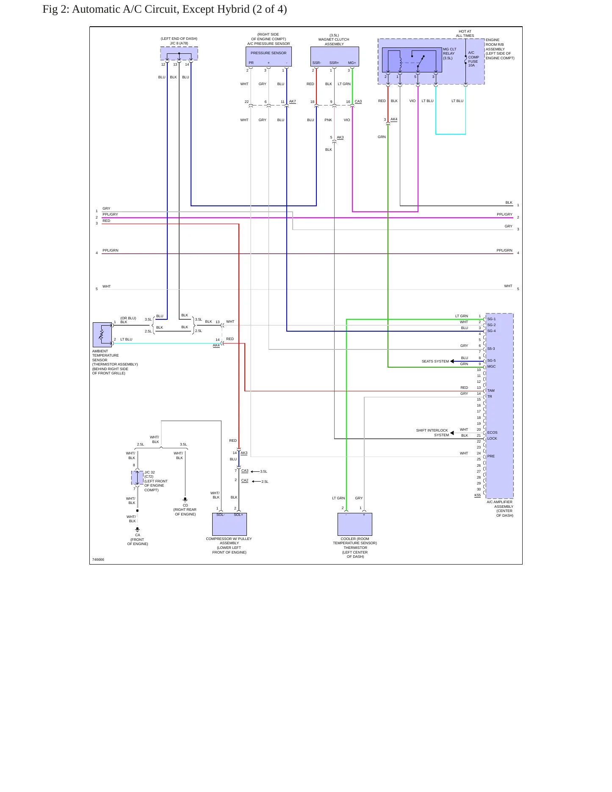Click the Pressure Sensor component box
pos(269,56)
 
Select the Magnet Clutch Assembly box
pos(335,56)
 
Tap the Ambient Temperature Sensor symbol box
pos(102,335)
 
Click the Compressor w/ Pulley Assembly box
pos(229,524)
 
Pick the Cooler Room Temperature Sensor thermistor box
pos(355,524)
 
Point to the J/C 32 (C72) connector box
pos(137,478)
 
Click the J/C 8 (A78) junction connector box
pos(179,54)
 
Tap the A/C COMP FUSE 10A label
pos(474,59)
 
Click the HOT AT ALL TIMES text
pos(465,33)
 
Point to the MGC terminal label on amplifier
pos(491,366)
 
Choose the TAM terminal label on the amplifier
pos(491,390)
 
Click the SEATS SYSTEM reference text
pos(435,361)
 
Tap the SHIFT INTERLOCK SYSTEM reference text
pos(432,432)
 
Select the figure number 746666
pos(98,559)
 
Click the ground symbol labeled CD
pos(185,500)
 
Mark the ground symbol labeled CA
pos(137,529)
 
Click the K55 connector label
pos(478,495)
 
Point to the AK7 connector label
pos(293,102)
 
